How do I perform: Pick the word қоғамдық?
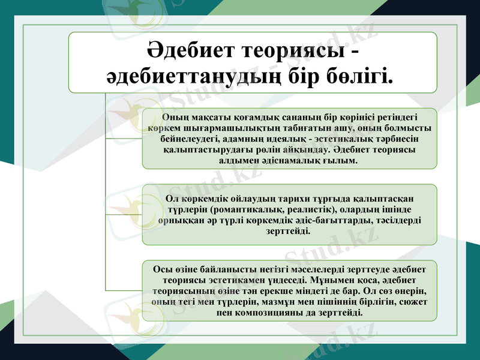tap(252, 116)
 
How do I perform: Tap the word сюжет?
tap(413, 302)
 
